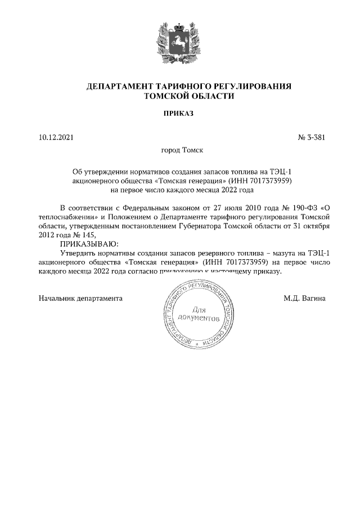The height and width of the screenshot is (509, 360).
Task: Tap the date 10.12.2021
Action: click(x=56, y=137)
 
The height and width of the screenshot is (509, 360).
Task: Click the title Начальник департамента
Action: click(x=80, y=298)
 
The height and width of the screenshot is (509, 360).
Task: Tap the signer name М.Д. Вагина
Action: click(x=304, y=298)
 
